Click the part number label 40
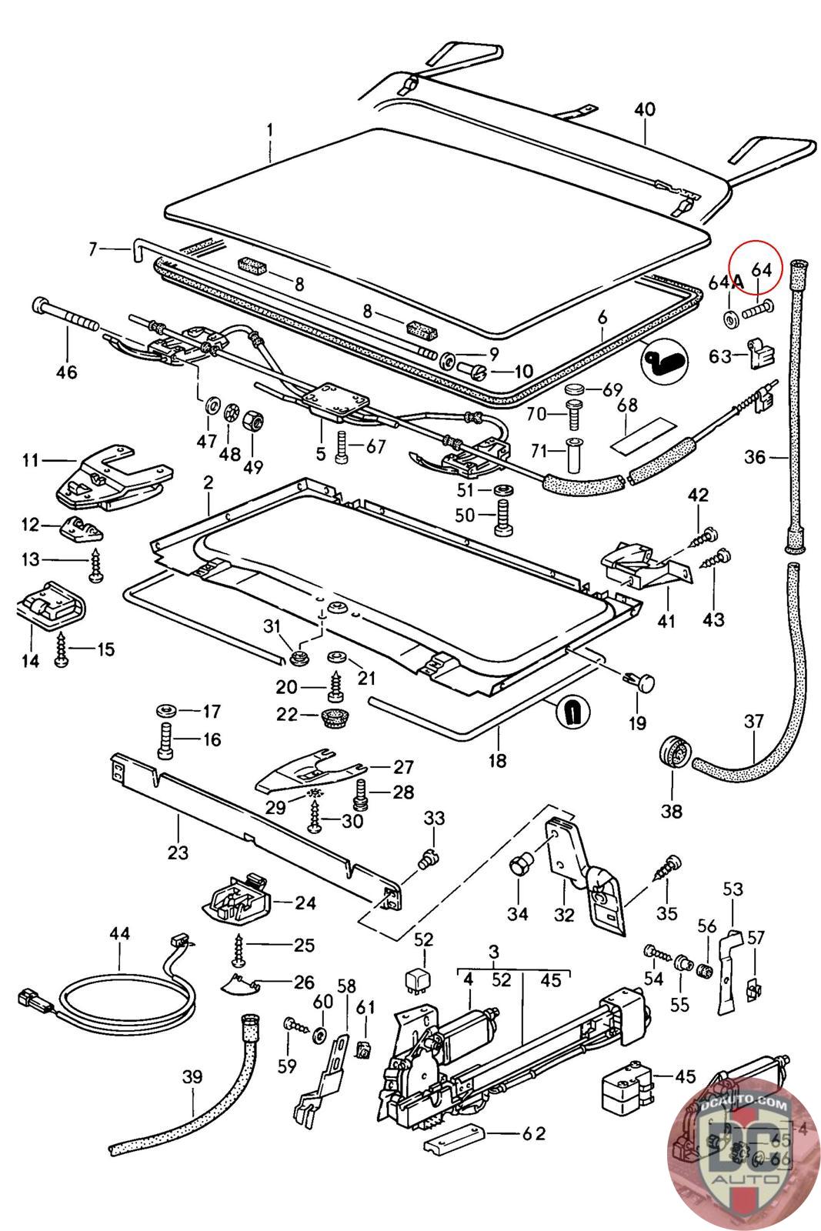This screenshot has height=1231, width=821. click(644, 109)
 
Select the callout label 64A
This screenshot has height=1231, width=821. click(725, 282)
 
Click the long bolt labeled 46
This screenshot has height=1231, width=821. click(66, 315)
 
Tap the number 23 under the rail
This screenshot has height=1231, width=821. click(178, 852)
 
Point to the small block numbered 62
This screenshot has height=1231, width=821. click(454, 1136)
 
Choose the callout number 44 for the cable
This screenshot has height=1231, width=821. click(120, 934)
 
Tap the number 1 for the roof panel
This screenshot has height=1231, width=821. click(270, 132)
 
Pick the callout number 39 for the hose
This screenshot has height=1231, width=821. click(192, 1076)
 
